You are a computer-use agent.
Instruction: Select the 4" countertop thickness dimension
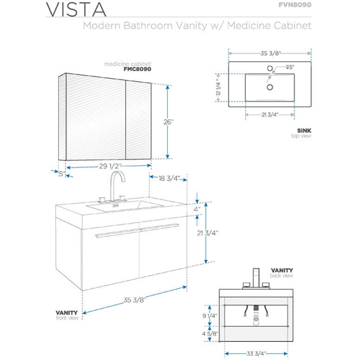click(197, 209)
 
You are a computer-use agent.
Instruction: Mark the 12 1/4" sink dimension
click(218, 85)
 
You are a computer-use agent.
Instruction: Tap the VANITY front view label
click(67, 315)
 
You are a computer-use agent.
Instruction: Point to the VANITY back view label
click(282, 272)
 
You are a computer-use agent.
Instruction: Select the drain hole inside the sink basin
click(269, 86)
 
